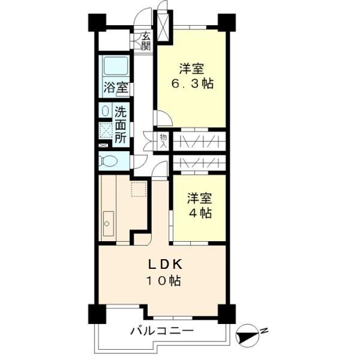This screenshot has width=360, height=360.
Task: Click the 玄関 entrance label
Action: [x=146, y=41]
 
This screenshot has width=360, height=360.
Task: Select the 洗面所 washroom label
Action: [x=120, y=124]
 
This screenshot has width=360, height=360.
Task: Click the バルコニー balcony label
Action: [x=161, y=331]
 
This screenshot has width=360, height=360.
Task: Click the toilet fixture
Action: [x=110, y=161]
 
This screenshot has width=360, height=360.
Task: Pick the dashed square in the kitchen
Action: [x=139, y=190]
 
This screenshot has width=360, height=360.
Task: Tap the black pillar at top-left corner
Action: [x=97, y=23]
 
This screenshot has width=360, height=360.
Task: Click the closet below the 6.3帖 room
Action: [x=199, y=140]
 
